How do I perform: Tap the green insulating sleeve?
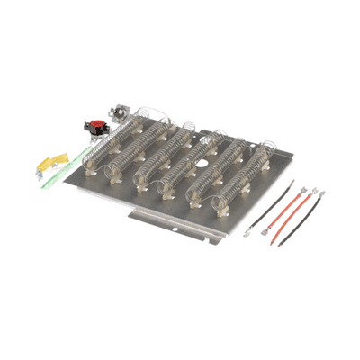65,162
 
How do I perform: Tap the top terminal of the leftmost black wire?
292,184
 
